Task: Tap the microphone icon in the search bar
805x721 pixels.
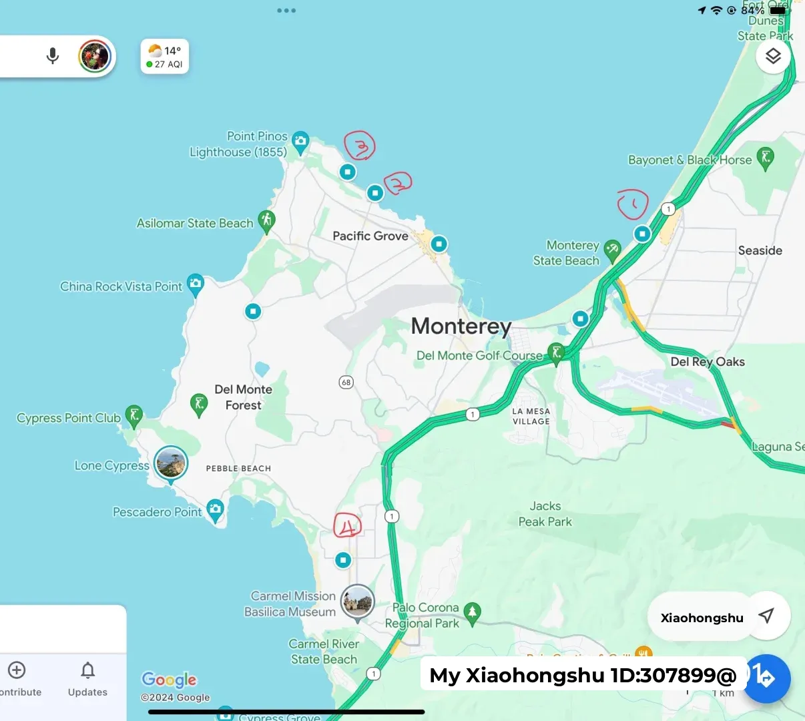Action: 53,56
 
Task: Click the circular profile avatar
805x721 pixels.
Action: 95,56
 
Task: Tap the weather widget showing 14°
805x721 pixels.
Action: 165,57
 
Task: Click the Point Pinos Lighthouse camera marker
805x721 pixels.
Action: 300,141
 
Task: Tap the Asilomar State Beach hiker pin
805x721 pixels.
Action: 267,220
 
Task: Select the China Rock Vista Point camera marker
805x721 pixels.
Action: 195,284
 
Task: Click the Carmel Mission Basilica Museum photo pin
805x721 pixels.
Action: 357,602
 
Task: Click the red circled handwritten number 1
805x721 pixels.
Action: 632,204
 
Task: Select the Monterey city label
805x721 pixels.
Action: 461,326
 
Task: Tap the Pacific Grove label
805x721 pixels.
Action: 370,236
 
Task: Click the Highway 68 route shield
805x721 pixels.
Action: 346,383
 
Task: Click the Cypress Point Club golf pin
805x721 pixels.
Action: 134,416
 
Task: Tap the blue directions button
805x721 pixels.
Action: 767,678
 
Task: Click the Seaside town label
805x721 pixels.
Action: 760,250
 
